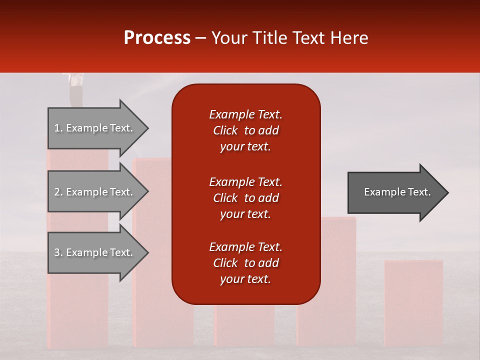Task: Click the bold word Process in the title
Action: tap(157, 38)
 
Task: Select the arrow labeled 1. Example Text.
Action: tap(95, 128)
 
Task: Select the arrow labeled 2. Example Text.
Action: tap(95, 192)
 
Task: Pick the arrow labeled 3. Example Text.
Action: tap(95, 252)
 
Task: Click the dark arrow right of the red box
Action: tap(395, 192)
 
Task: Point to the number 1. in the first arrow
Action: tap(58, 128)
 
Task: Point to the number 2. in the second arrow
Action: tap(58, 192)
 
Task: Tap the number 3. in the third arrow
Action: tap(58, 252)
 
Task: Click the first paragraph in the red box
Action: tap(245, 130)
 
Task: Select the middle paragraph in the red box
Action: tap(245, 198)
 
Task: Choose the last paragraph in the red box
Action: tap(245, 263)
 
